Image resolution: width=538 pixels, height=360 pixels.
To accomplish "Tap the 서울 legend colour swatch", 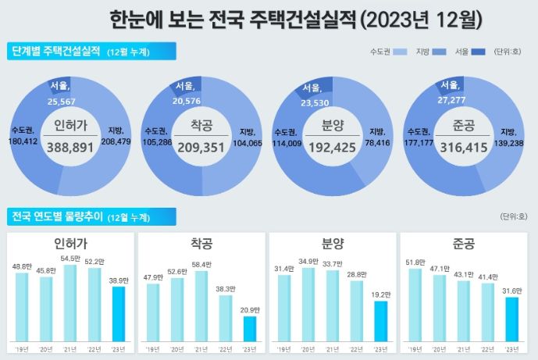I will pos(478,52).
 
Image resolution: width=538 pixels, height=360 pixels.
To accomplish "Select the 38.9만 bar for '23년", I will pos(118,314).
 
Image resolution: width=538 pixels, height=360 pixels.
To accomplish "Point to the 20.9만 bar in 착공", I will pos(249,329).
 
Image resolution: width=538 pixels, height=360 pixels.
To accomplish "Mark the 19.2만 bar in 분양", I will pos(380,320).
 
